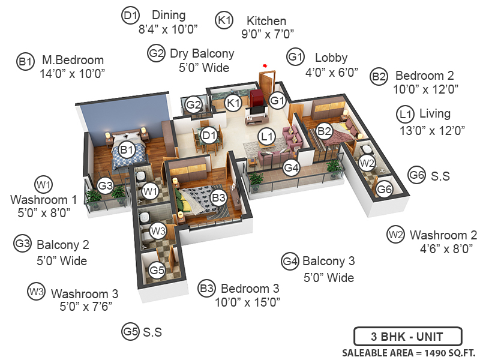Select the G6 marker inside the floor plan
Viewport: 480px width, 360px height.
click(x=385, y=190)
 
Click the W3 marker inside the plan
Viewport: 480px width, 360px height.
click(x=158, y=230)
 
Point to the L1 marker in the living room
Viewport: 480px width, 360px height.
click(x=268, y=137)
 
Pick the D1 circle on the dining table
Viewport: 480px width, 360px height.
click(x=209, y=135)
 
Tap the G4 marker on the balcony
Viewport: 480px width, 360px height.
click(x=292, y=167)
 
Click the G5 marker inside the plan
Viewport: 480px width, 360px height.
click(x=157, y=271)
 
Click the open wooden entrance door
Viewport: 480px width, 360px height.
click(x=266, y=84)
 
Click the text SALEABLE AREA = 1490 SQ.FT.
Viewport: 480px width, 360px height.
click(x=409, y=352)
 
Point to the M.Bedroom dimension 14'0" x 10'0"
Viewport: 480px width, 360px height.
click(x=72, y=73)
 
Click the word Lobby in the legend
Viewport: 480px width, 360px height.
click(x=331, y=58)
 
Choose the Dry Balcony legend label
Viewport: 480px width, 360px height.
click(x=202, y=53)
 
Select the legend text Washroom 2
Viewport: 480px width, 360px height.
click(x=443, y=235)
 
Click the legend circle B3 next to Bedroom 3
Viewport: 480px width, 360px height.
click(x=206, y=289)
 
